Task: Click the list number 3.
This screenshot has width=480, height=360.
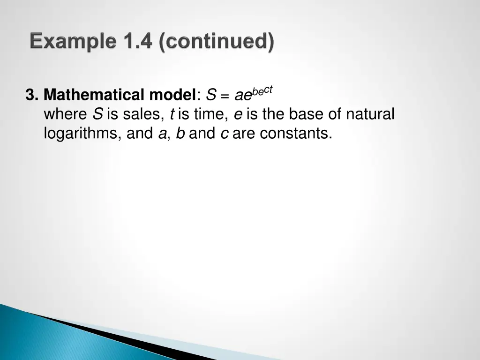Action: pos(31,96)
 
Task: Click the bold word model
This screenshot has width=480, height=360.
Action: pos(172,96)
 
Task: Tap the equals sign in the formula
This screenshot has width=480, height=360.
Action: pos(225,97)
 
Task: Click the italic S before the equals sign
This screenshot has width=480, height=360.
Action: pos(211,96)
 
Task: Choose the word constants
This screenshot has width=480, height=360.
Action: pos(296,134)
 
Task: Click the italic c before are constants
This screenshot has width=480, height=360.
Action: pos(224,135)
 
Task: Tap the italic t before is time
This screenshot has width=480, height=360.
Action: pos(172,114)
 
